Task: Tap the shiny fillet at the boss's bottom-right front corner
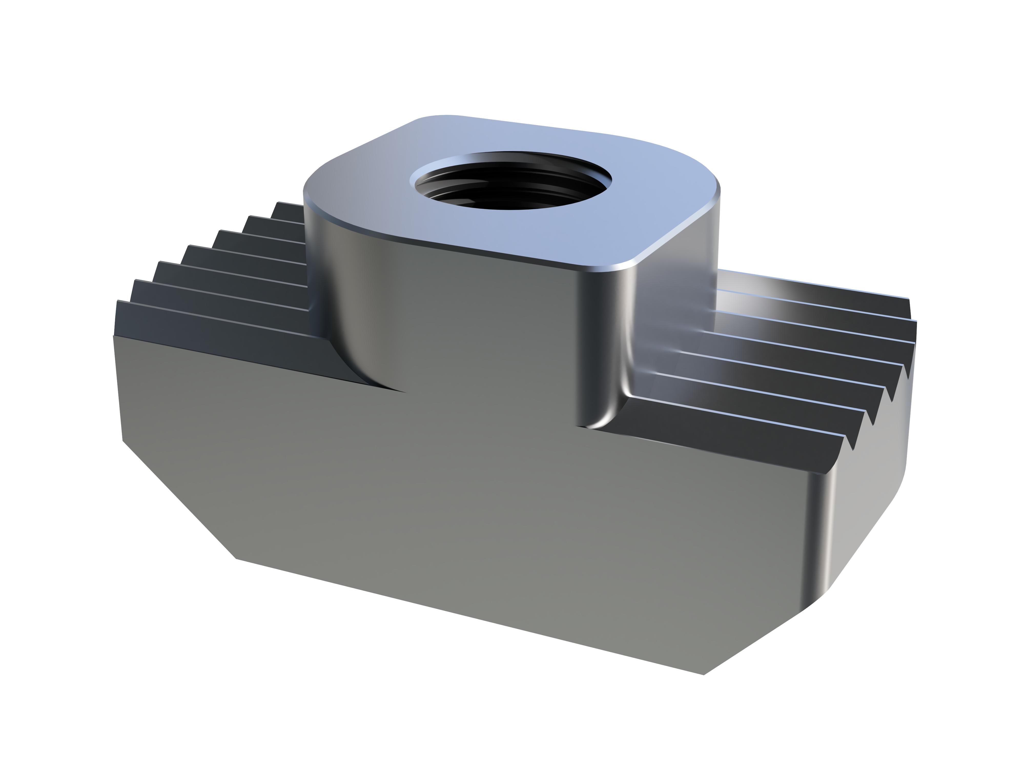pos(602,417)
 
